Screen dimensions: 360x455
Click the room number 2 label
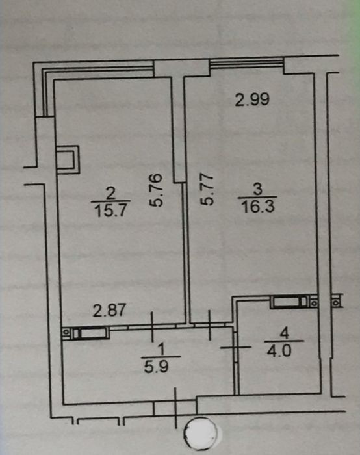110,192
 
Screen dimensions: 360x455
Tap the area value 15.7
110,210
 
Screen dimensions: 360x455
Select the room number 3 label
257,189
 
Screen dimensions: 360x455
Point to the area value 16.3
257,207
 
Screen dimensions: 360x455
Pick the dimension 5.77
207,190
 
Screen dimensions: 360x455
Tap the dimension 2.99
252,99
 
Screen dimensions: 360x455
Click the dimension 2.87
109,310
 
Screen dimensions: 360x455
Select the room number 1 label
162,350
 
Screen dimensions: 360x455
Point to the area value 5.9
157,367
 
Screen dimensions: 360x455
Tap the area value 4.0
279,352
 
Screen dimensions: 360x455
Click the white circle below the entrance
200,433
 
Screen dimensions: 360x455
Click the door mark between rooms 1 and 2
151,327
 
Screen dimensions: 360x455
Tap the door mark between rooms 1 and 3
210,325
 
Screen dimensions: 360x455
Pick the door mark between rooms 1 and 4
235,347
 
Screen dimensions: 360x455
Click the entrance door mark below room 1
175,408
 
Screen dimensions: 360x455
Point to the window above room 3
246,63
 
